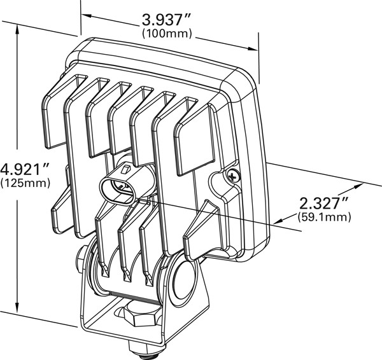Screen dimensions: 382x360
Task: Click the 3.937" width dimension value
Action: coord(166,20)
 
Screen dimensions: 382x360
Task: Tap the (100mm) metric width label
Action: coord(167,34)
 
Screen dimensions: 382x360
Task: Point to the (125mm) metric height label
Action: coord(25,183)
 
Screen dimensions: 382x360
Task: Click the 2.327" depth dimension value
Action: coord(323,204)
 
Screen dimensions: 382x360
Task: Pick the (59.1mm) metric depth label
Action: coord(324,217)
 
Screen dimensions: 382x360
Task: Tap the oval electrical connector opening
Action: coord(117,191)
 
